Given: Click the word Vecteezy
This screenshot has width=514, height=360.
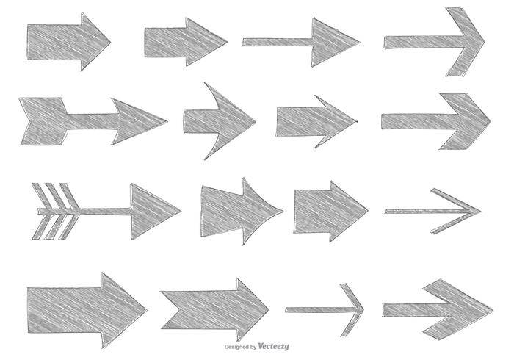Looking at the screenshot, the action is pyautogui.click(x=273, y=346).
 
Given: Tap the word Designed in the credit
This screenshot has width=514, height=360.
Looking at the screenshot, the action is pyautogui.click(x=236, y=347).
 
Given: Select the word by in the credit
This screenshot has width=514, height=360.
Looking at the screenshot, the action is pyautogui.click(x=253, y=347).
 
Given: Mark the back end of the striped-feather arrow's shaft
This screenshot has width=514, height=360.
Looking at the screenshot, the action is pyautogui.click(x=38, y=212).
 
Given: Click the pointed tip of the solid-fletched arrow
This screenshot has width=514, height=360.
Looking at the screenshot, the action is pyautogui.click(x=167, y=121).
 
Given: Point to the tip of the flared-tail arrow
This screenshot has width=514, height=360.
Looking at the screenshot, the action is pyautogui.click(x=283, y=211).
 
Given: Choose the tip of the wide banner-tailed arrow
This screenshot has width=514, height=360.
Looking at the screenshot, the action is pyautogui.click(x=269, y=309).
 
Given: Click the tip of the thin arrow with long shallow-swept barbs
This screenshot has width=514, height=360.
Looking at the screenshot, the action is pyautogui.click(x=481, y=211).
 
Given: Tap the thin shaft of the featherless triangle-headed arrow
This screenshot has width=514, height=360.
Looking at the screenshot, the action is pyautogui.click(x=278, y=42).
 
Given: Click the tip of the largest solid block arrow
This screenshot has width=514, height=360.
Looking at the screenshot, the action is pyautogui.click(x=147, y=309).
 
